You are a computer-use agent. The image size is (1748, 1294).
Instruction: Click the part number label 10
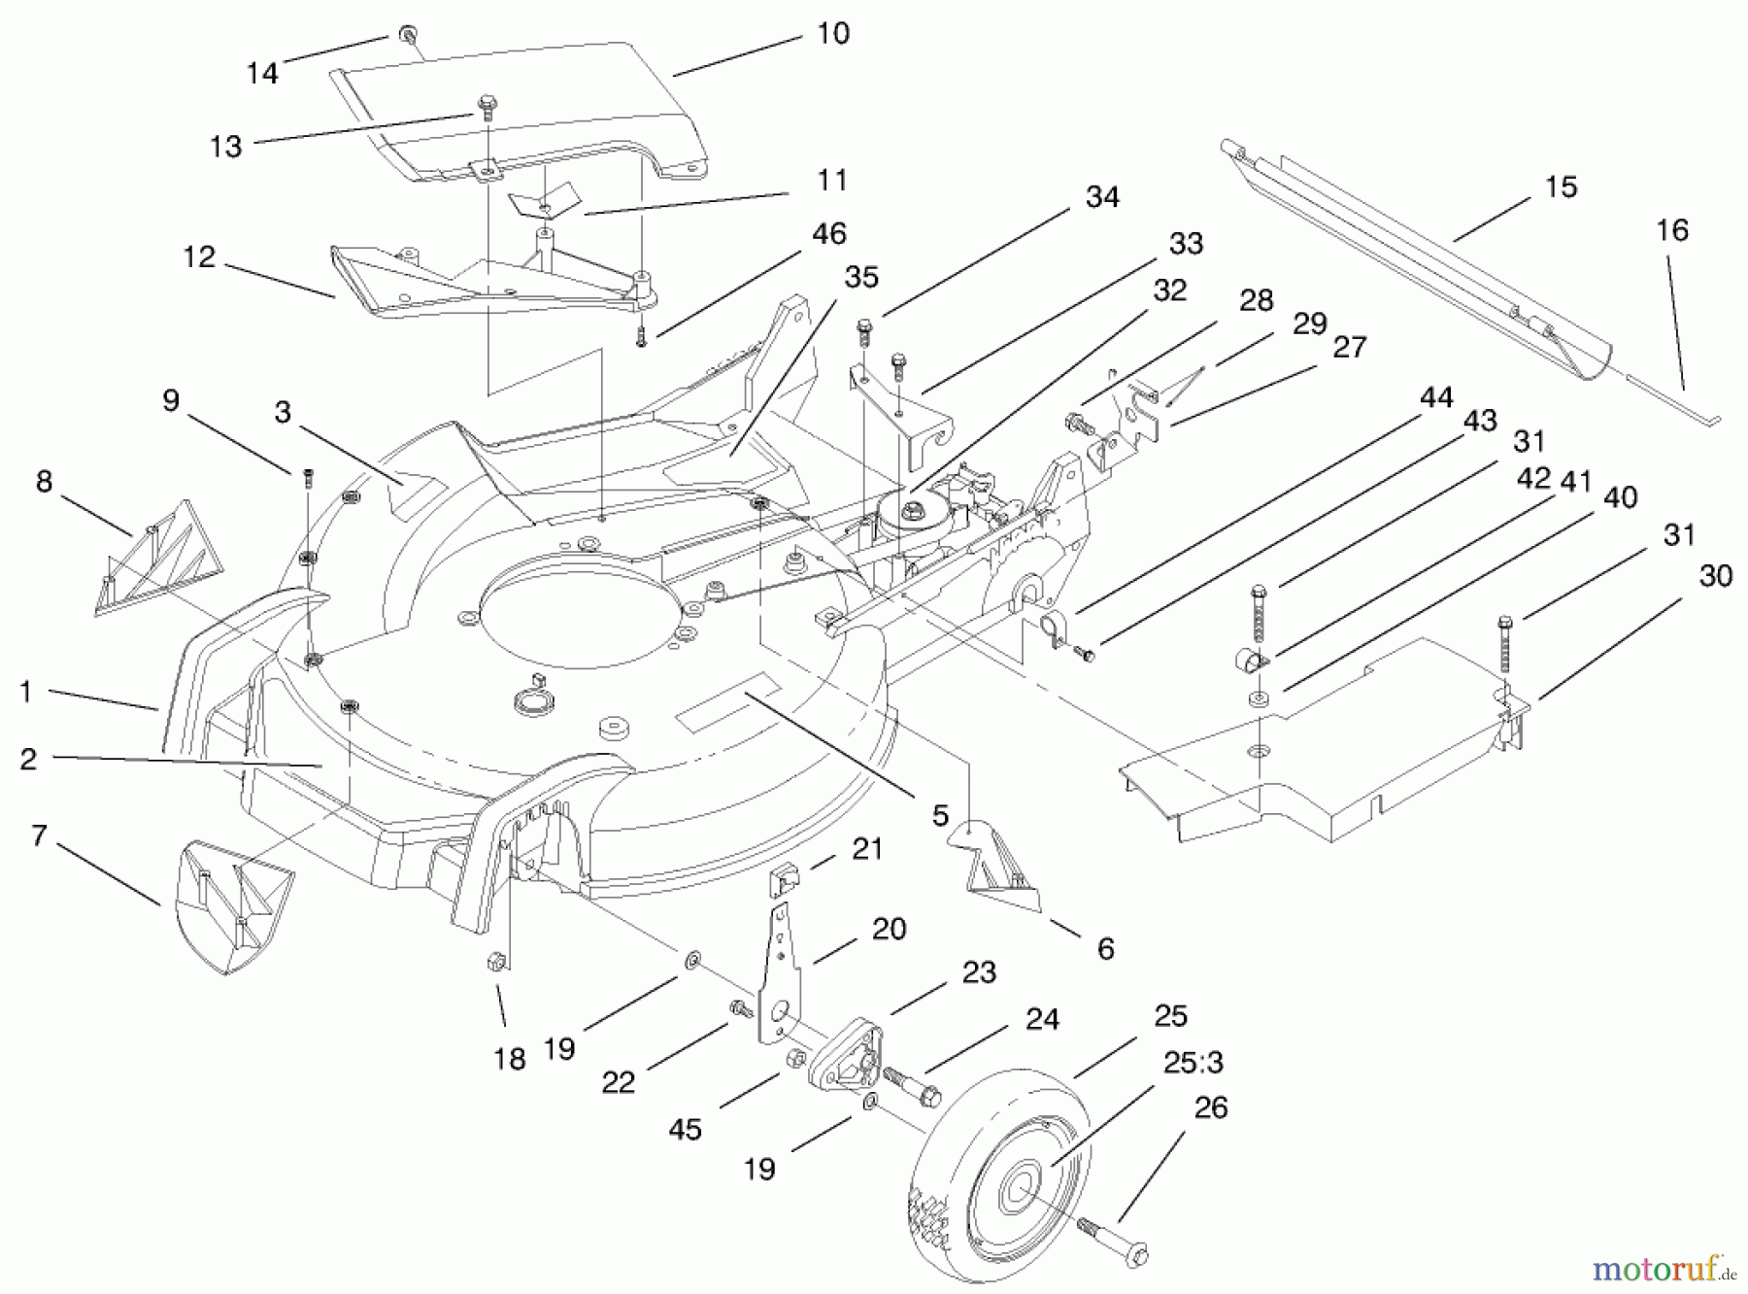pyautogui.click(x=833, y=34)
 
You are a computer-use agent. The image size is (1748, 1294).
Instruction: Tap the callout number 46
pyautogui.click(x=828, y=234)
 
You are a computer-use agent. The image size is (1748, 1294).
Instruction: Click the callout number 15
pyautogui.click(x=1561, y=187)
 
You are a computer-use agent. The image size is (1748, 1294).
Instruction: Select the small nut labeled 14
pyautogui.click(x=407, y=36)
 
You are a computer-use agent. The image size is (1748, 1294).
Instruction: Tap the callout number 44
pyautogui.click(x=1435, y=397)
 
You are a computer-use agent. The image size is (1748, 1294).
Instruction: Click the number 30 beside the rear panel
pyautogui.click(x=1715, y=576)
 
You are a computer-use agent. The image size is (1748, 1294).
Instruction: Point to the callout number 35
pyautogui.click(x=860, y=277)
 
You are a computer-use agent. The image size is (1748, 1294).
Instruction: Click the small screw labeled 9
pyautogui.click(x=308, y=476)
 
